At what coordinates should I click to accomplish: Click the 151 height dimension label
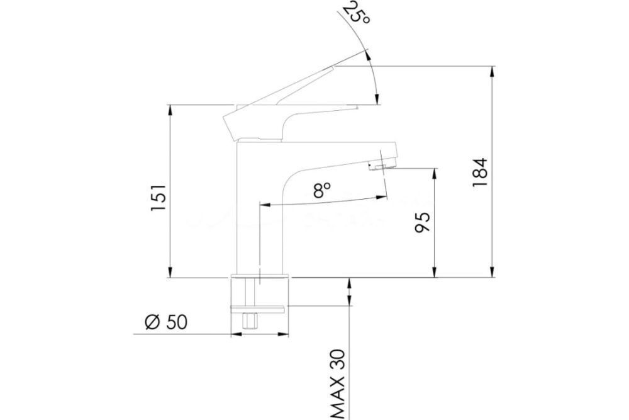tap(159, 198)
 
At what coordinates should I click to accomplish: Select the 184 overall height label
tap(480, 173)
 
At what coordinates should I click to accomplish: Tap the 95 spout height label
tap(423, 222)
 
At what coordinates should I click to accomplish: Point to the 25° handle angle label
tap(355, 13)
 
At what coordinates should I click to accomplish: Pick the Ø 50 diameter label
tap(165, 322)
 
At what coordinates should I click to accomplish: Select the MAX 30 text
tap(338, 384)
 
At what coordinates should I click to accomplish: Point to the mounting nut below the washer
tap(250, 321)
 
